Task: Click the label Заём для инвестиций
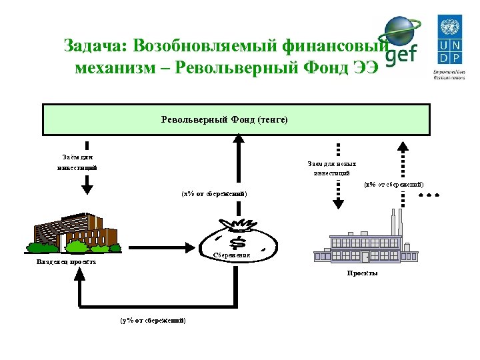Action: (x=77, y=162)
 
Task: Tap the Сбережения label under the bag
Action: (x=231, y=255)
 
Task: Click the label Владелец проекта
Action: (x=66, y=262)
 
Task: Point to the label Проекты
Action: (x=363, y=273)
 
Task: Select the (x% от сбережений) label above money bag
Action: (x=214, y=193)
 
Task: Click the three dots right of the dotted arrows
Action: (x=429, y=196)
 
